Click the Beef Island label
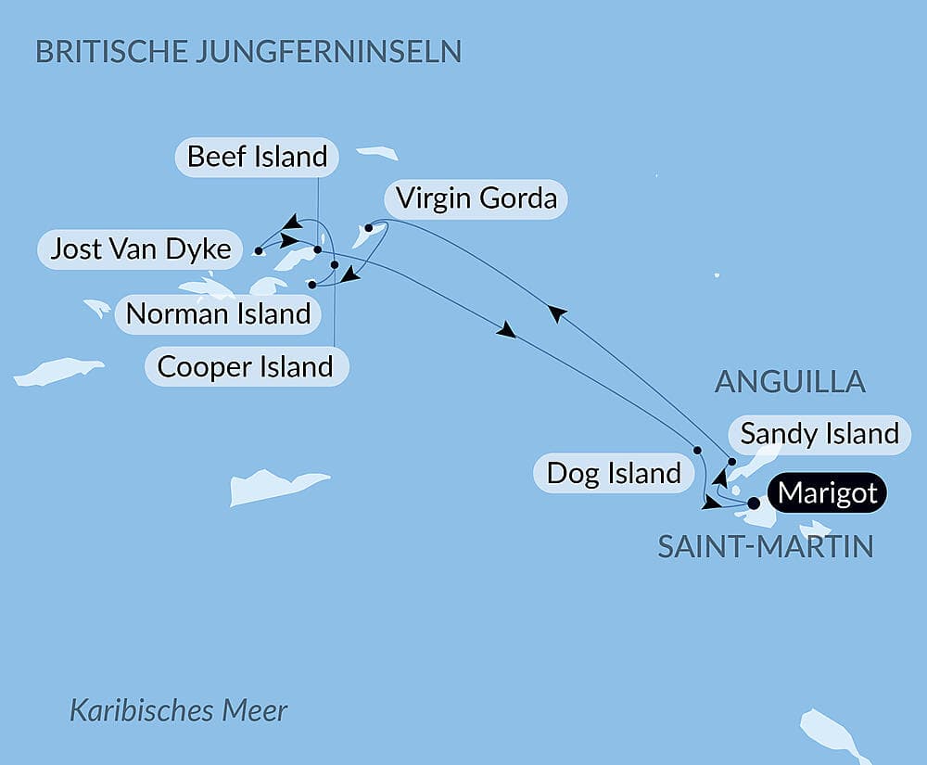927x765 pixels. pyautogui.click(x=257, y=157)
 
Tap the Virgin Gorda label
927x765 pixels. pyautogui.click(x=475, y=198)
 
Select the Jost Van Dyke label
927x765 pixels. pyautogui.click(x=140, y=249)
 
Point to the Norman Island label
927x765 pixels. pyautogui.click(x=218, y=313)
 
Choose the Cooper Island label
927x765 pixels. pyautogui.click(x=246, y=366)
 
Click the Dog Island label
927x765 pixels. pyautogui.click(x=614, y=473)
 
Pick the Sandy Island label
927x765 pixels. pyautogui.click(x=819, y=433)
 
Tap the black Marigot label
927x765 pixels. pyautogui.click(x=827, y=493)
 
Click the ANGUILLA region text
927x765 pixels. pyautogui.click(x=790, y=381)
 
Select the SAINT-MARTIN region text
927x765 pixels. pyautogui.click(x=765, y=546)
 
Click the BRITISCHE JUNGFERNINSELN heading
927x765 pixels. pyautogui.click(x=248, y=51)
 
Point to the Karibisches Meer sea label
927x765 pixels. pyautogui.click(x=179, y=711)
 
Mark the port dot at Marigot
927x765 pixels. pyautogui.click(x=754, y=504)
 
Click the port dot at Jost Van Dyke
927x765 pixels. pyautogui.click(x=258, y=249)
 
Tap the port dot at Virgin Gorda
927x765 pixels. pyautogui.click(x=369, y=227)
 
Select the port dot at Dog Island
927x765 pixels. pyautogui.click(x=697, y=450)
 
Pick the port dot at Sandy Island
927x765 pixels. pyautogui.click(x=731, y=462)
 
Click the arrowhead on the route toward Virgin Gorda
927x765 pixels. pyautogui.click(x=554, y=314)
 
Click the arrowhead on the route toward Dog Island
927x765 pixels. pyautogui.click(x=507, y=330)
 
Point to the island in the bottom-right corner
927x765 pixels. pyautogui.click(x=832, y=733)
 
